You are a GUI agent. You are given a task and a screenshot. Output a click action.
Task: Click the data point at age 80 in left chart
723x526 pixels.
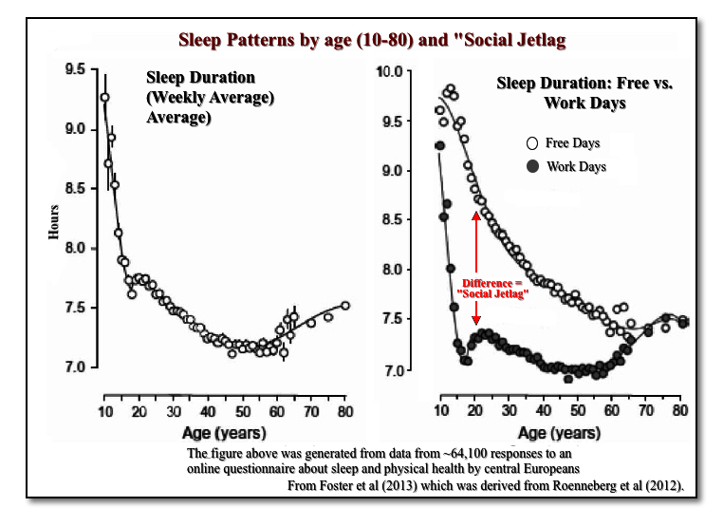point(345,305)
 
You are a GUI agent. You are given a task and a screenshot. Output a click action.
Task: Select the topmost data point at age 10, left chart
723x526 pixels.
point(104,97)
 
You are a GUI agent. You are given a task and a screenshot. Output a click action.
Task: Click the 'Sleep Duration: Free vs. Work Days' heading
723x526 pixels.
point(584,92)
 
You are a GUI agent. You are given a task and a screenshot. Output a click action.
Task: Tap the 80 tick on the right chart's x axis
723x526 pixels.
point(680,410)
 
